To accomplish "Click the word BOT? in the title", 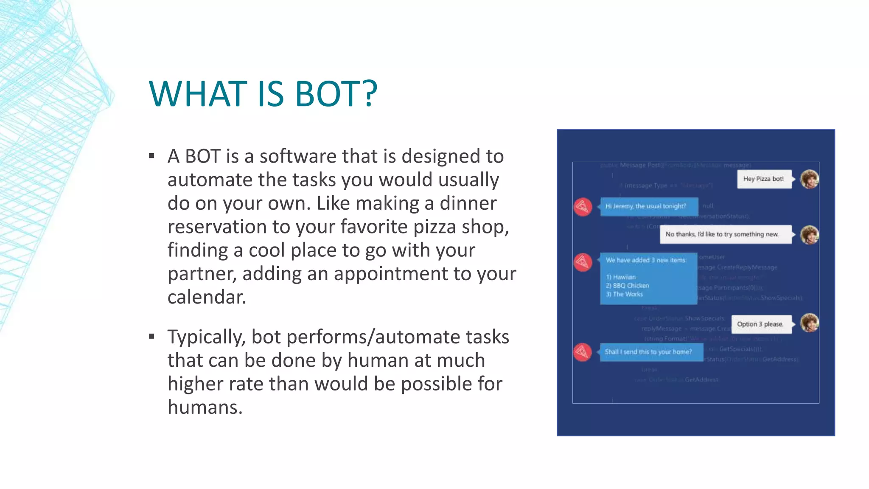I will coord(336,94).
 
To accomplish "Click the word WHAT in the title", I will coord(198,94).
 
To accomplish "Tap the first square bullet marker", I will coord(152,156).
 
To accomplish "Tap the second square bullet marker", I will coord(152,337).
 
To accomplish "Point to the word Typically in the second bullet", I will coord(206,337).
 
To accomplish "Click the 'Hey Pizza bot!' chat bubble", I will coord(764,179).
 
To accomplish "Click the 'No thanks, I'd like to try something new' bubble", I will coord(725,234).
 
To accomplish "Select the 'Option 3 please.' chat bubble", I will coord(760,324).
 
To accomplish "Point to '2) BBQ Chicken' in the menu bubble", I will coord(628,286).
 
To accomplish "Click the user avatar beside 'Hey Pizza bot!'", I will coord(809,179).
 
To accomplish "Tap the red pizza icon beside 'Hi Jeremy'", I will coord(583,207).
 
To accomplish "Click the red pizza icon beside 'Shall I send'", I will coord(583,352).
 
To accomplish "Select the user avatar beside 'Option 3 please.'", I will coord(809,323).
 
